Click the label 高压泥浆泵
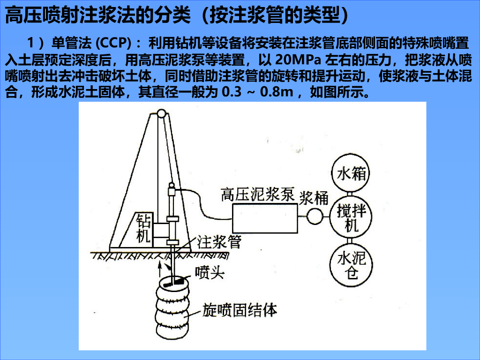coord(257,194)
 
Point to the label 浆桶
coord(314,198)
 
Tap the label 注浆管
coord(219,242)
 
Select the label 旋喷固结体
coord(240,310)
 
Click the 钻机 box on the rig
coord(142,228)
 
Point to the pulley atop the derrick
coord(161,114)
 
